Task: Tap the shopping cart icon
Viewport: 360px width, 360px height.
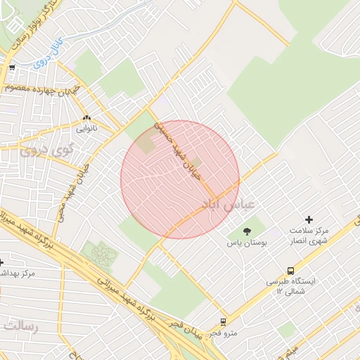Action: (13, 68)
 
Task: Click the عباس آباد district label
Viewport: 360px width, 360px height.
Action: (230, 204)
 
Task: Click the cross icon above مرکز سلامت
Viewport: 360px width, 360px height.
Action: (309, 219)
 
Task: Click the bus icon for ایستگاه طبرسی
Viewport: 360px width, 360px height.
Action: (290, 271)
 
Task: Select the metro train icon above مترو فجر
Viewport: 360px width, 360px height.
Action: (224, 321)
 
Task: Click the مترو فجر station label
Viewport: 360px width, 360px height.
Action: (224, 333)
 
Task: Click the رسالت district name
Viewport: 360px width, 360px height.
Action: (22, 325)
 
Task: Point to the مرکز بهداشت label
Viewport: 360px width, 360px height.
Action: (14, 273)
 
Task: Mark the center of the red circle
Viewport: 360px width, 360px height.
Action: (180, 179)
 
